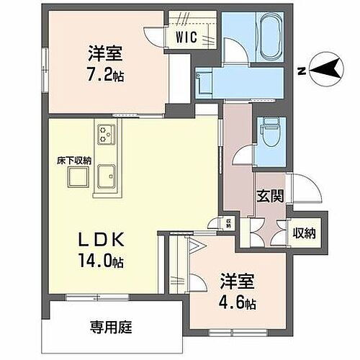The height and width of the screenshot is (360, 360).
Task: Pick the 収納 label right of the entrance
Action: (x=304, y=233)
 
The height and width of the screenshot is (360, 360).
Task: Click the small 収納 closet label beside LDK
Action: (x=228, y=223)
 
